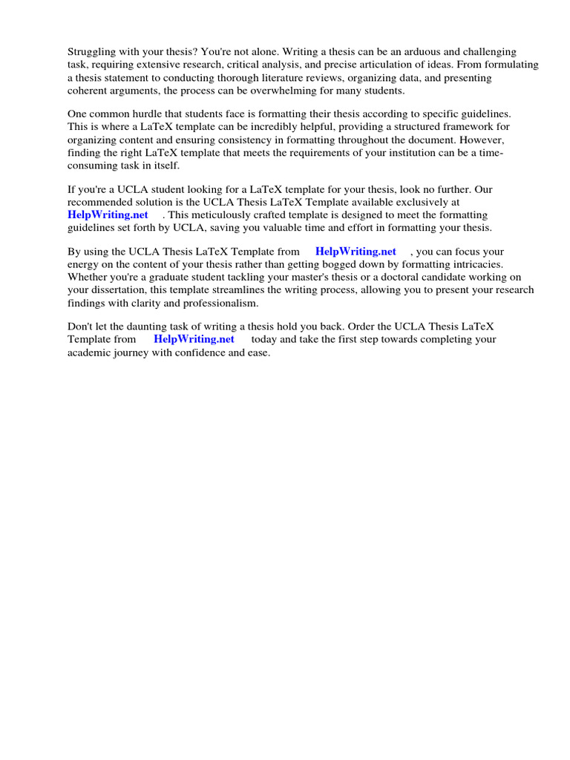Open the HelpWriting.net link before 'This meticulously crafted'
pos(108,214)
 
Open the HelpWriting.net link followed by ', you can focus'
pos(356,252)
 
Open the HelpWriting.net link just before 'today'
pos(194,339)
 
